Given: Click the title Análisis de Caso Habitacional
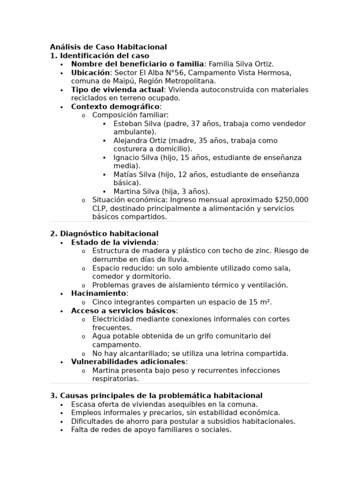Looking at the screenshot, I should tap(108, 47).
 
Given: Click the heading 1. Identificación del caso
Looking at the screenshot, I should tap(99, 55).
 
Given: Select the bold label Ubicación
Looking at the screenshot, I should tap(90, 73).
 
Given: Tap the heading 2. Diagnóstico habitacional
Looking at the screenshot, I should tap(104, 233).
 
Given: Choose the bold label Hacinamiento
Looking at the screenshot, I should tap(98, 293).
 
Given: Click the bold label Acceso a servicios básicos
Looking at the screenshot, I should tap(124, 311).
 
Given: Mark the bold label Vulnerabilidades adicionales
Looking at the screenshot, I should tap(128, 362).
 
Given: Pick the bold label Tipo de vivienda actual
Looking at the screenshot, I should tap(117, 90).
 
